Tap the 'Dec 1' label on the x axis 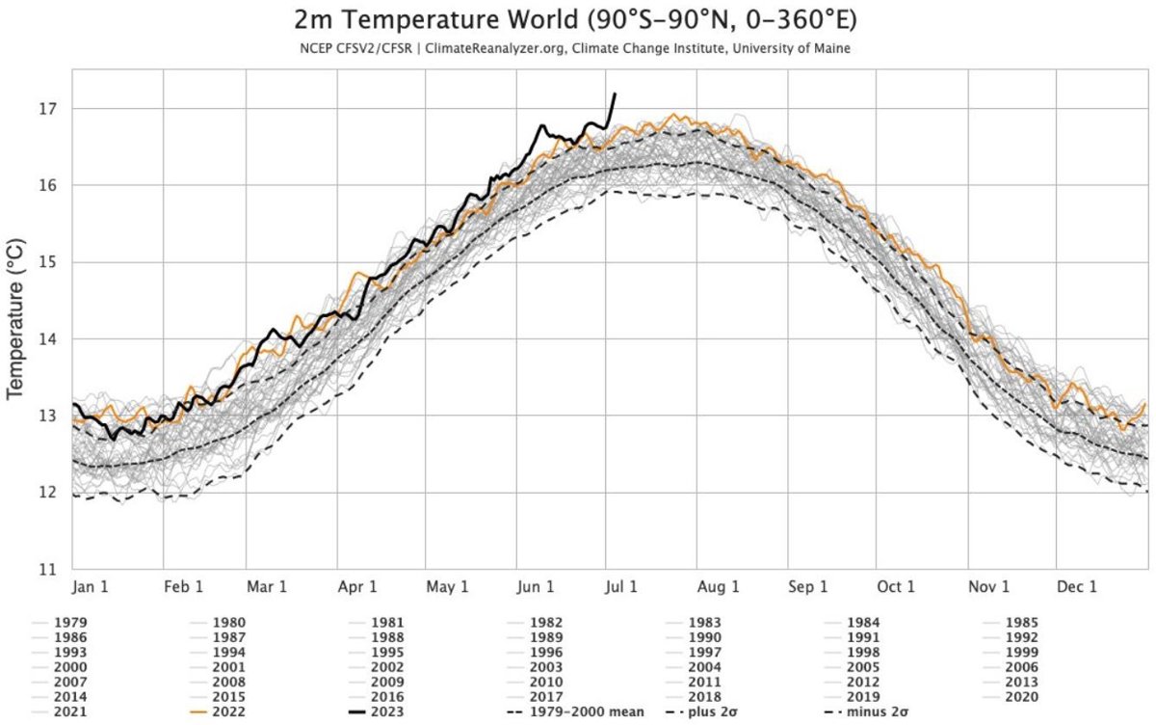click(1076, 586)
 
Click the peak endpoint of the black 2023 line click(615, 94)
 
